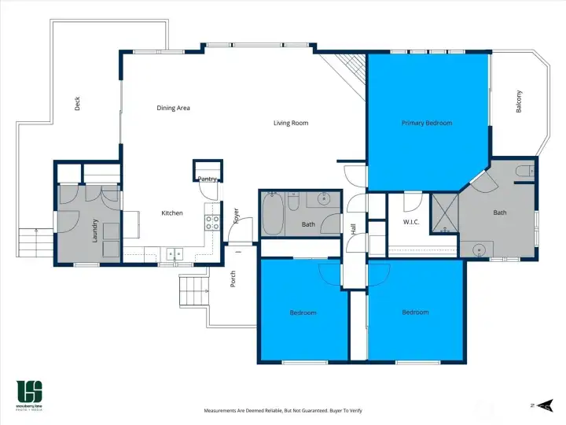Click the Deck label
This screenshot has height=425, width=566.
[77, 103]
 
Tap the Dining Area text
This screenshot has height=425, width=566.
[173, 108]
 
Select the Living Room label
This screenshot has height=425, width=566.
[291, 123]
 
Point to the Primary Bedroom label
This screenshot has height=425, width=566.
[427, 123]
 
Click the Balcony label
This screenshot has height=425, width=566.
[519, 102]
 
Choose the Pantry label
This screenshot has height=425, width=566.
[207, 179]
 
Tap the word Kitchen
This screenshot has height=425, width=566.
[172, 213]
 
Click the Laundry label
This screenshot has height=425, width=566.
[95, 229]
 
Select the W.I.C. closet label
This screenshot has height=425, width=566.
[410, 223]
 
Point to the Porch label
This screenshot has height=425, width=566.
[233, 279]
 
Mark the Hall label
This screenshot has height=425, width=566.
[353, 230]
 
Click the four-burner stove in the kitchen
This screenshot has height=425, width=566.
[212, 222]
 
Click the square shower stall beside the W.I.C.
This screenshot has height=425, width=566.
[444, 214]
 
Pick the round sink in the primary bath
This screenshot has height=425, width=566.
[478, 250]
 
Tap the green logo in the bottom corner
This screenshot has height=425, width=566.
[30, 390]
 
